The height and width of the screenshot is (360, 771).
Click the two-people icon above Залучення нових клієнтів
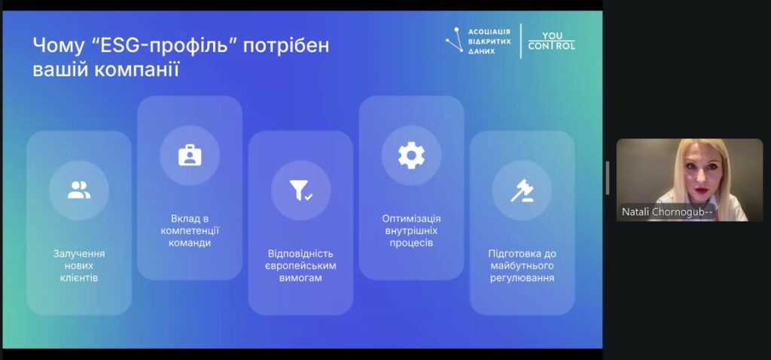78,191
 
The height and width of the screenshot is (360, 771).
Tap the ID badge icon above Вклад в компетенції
190,155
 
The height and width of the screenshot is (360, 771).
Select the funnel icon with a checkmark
301,191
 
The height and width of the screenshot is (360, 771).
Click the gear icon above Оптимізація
411,155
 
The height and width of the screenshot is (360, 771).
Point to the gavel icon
522,191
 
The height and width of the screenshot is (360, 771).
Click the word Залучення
78,255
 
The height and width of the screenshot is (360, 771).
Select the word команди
190,243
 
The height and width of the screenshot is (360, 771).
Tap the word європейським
300,266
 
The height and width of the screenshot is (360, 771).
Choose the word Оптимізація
412,219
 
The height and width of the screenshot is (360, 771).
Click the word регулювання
523,279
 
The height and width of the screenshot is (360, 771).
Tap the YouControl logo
551,41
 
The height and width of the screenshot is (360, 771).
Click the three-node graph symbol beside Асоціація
454,41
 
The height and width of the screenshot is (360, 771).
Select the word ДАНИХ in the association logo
481,51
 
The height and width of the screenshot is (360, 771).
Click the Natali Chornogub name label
667,212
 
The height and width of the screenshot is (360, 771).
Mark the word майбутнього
523,266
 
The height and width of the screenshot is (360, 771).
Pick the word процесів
412,243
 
